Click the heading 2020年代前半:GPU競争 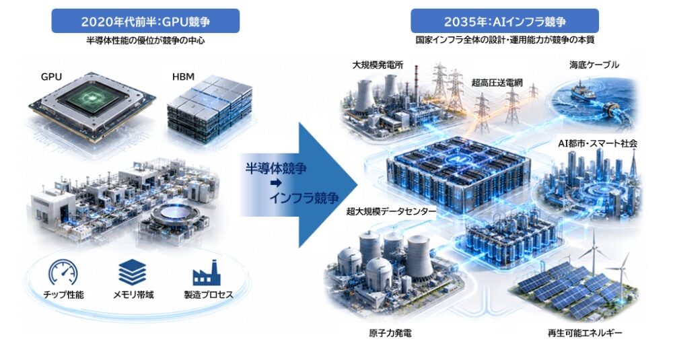[145, 21]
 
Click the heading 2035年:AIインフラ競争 [505, 21]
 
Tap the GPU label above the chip [52, 77]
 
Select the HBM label [183, 77]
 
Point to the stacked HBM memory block [209, 110]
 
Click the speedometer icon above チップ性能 [63, 273]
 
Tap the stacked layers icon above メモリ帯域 [132, 272]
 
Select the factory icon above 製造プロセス [207, 273]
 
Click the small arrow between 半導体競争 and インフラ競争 [276, 183]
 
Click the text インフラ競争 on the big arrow [304, 198]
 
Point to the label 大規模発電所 [378, 65]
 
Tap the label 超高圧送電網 [497, 83]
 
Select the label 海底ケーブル [594, 65]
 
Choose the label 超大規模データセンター [391, 211]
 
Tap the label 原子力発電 [390, 333]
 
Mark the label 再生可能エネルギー [585, 333]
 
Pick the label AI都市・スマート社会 [598, 143]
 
